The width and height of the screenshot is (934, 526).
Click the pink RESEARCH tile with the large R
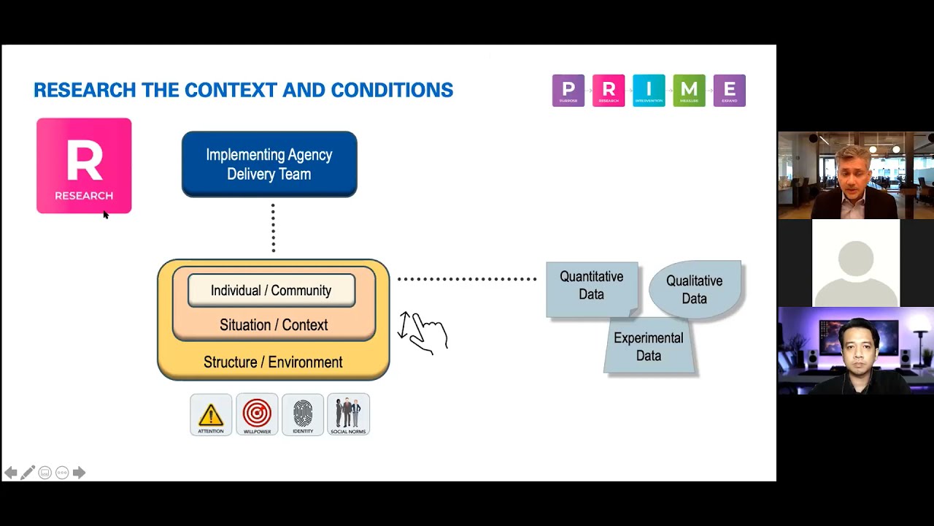(84, 166)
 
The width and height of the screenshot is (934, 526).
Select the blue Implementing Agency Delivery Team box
(269, 164)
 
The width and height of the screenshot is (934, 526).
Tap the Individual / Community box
(271, 290)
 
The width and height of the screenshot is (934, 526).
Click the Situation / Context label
(274, 325)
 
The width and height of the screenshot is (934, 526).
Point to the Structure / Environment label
(273, 362)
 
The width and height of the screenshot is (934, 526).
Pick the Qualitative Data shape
(695, 289)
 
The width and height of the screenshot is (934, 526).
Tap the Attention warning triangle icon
(211, 414)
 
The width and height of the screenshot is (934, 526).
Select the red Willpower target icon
(257, 414)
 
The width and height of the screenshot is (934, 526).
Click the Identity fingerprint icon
(303, 414)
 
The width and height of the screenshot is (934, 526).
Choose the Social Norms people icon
(348, 414)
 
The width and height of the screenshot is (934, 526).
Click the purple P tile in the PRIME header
(568, 91)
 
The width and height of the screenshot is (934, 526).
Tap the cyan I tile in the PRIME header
(649, 91)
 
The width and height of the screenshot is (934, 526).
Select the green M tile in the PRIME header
(689, 91)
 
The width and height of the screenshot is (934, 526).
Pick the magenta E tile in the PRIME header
(729, 91)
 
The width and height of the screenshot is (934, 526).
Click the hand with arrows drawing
(423, 333)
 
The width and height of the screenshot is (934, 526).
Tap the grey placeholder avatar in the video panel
(855, 263)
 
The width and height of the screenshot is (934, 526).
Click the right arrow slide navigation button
(79, 473)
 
